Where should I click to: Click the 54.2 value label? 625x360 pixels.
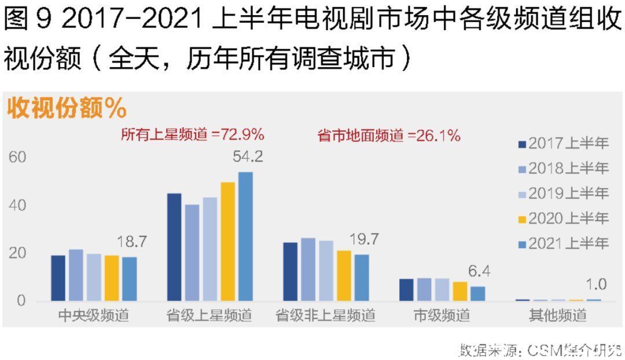pos(248,157)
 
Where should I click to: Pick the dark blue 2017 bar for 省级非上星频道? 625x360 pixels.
pos(291,271)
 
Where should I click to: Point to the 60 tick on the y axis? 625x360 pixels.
pos(17,157)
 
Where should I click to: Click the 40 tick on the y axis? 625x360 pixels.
pos(17,205)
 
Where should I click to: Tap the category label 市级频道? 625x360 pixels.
pos(442,316)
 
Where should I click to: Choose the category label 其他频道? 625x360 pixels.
pos(558,316)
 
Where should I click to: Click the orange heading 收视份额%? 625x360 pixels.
pos(67,108)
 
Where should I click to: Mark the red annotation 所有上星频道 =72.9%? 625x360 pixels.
pos(193,135)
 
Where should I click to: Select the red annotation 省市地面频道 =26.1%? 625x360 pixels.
pos(389,136)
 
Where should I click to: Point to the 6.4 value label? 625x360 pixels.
pos(479,271)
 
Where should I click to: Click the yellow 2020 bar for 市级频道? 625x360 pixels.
pos(460,291)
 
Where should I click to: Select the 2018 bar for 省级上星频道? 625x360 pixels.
pos(192,252)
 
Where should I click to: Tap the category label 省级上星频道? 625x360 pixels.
pos(209,316)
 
